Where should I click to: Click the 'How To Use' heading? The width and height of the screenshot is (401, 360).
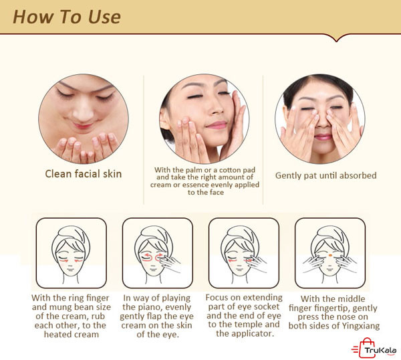pos(67,17)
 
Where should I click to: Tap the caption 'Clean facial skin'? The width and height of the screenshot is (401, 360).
pos(84,174)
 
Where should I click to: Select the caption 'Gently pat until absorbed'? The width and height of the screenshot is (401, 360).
pos(326,175)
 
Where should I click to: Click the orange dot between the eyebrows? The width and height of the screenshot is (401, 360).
pos(330,255)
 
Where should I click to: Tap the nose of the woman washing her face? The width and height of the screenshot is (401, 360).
pos(84,114)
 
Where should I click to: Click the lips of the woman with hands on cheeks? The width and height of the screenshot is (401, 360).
pos(217,125)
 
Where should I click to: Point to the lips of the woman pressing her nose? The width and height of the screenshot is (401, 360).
pos(322,137)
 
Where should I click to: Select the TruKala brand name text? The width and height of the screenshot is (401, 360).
pos(380,350)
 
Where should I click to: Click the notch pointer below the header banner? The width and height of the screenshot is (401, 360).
pos(337,38)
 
